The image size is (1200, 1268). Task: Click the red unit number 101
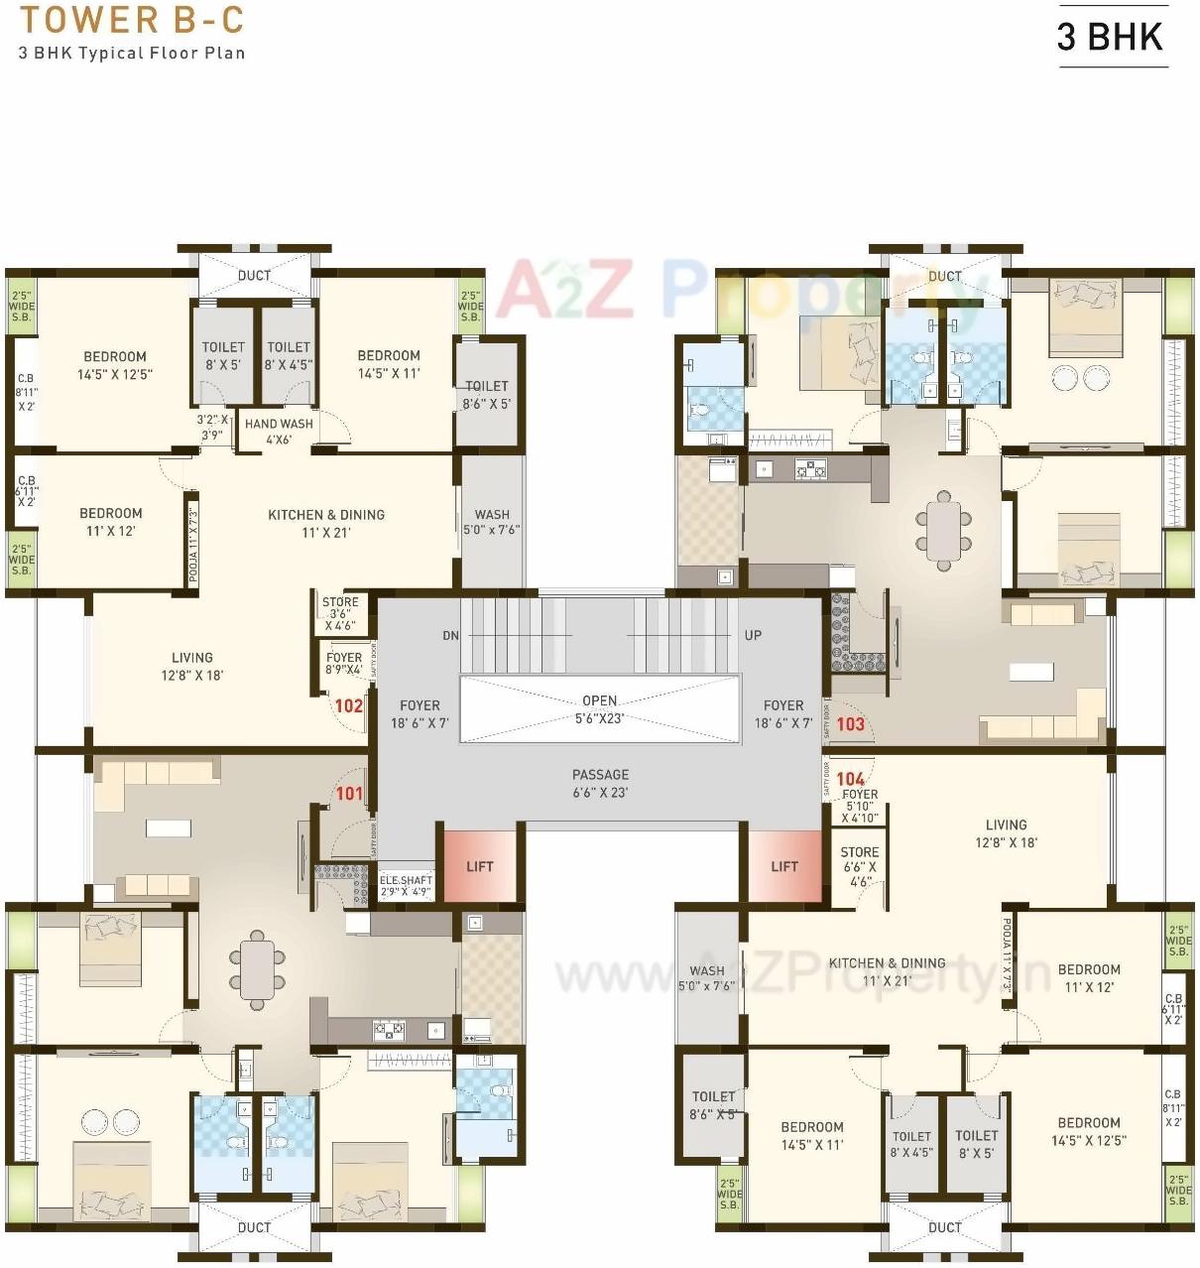click(349, 793)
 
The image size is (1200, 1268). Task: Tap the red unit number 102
click(348, 705)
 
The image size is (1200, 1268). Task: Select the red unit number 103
click(850, 723)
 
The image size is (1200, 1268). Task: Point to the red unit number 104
click(850, 779)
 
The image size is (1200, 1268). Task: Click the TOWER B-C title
click(131, 20)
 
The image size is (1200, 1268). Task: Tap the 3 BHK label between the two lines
click(1110, 37)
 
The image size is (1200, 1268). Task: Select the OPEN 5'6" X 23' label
click(599, 708)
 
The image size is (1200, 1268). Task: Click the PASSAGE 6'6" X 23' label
click(600, 783)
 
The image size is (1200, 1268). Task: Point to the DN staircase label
click(450, 635)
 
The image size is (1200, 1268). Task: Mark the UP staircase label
click(753, 635)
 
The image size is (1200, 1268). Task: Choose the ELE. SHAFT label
click(406, 885)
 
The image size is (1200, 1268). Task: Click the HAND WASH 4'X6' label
click(279, 431)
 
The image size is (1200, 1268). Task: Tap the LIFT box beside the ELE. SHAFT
click(480, 866)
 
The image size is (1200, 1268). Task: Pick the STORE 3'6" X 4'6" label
click(339, 613)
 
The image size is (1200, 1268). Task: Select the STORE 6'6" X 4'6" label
click(859, 865)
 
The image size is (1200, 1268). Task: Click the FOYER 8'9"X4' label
click(343, 663)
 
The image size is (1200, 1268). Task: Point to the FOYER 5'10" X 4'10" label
click(859, 806)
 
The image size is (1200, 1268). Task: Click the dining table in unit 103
click(943, 530)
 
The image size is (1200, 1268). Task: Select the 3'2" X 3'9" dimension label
click(211, 427)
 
